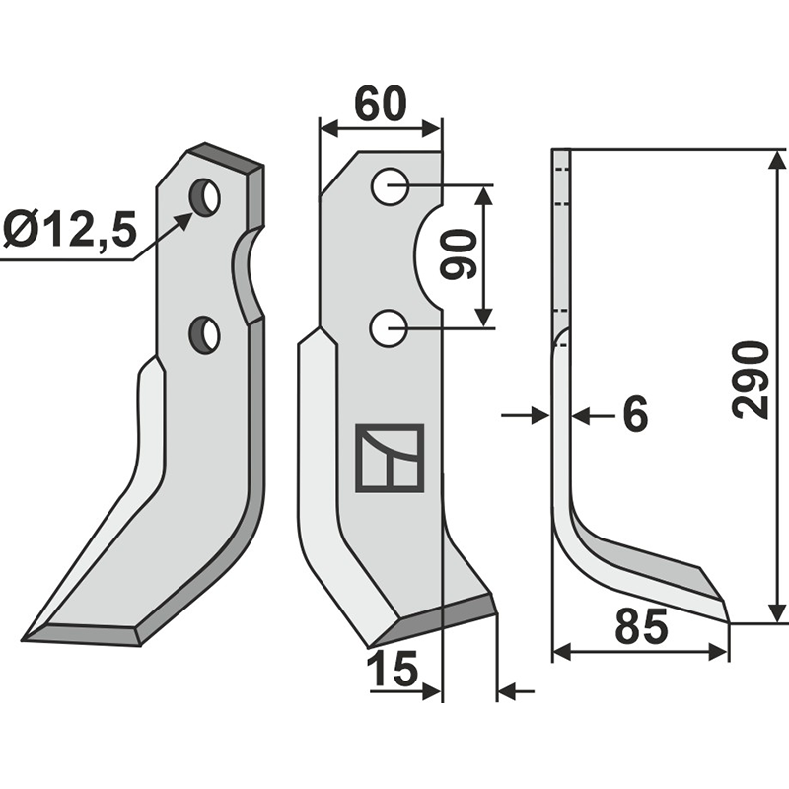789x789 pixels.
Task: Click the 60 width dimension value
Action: click(380, 104)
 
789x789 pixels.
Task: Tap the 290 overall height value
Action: click(753, 380)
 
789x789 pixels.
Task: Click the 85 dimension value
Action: click(641, 628)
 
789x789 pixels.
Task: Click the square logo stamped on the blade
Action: click(390, 458)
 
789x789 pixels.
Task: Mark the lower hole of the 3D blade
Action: click(205, 335)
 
